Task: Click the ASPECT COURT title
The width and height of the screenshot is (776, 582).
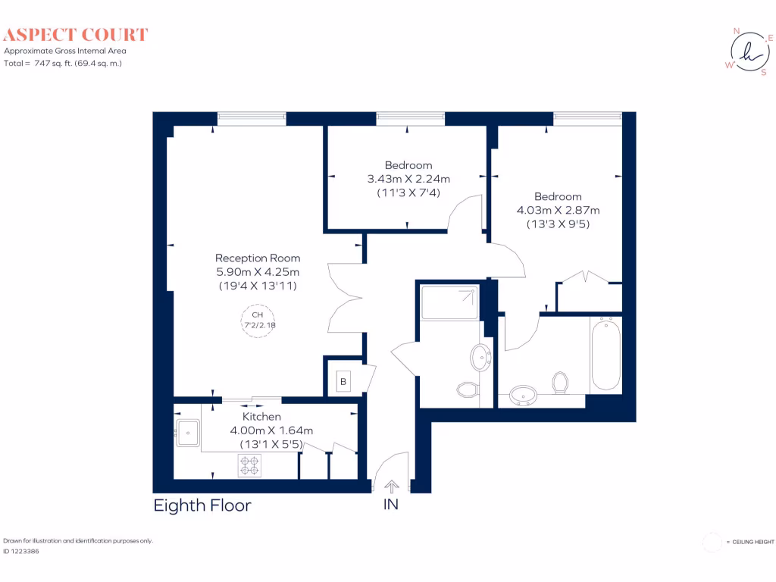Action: click(77, 34)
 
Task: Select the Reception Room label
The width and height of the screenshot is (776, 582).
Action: click(258, 258)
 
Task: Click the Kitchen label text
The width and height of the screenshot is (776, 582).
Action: click(261, 417)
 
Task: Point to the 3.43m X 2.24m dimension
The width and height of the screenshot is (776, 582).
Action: click(408, 180)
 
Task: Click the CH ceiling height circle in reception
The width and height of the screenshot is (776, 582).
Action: click(258, 320)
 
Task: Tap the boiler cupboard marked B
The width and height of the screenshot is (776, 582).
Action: click(343, 382)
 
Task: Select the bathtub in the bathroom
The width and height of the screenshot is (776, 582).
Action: click(606, 354)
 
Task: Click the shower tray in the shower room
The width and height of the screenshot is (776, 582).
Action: click(450, 302)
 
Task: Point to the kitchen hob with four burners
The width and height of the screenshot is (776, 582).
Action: click(249, 465)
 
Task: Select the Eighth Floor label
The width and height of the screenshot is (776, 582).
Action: click(202, 505)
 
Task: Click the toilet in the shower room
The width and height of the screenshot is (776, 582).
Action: click(467, 390)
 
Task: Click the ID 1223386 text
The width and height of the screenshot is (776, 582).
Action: click(21, 552)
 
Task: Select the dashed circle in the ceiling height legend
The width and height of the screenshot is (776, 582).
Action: click(712, 542)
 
